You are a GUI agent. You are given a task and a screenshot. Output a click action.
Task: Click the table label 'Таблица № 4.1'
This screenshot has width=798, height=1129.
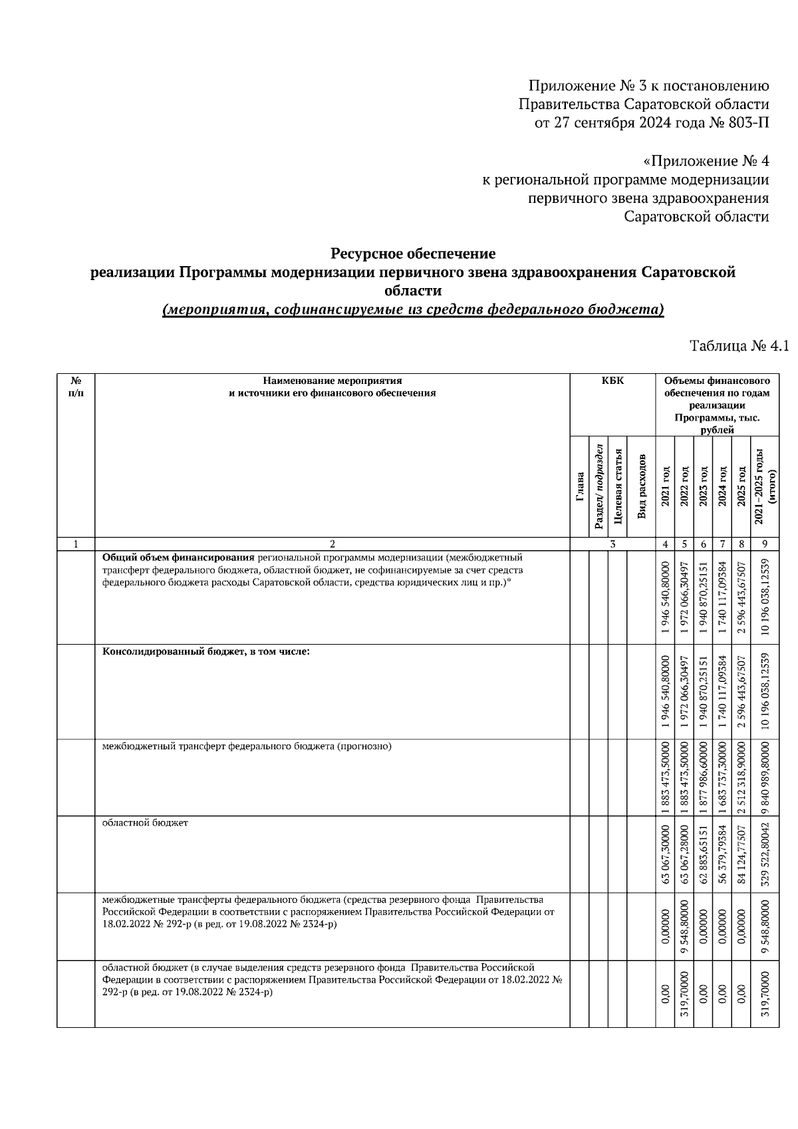click(738, 346)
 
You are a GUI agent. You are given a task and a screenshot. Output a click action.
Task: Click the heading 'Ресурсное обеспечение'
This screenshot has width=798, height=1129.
click(413, 253)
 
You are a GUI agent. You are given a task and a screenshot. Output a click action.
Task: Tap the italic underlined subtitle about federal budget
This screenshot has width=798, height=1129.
click(413, 309)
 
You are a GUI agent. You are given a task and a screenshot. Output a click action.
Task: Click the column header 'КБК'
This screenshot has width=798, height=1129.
click(612, 381)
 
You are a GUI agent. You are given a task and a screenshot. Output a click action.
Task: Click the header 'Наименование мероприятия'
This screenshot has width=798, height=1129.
click(332, 381)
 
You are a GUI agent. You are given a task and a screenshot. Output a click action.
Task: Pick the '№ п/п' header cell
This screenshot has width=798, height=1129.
click(76, 387)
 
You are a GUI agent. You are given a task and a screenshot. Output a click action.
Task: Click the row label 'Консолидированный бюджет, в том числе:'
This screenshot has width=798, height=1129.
click(205, 651)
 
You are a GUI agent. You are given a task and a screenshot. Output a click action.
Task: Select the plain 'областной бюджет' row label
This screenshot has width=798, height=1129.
click(145, 823)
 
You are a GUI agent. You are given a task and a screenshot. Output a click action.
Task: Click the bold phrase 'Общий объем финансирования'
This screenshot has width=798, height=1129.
click(178, 558)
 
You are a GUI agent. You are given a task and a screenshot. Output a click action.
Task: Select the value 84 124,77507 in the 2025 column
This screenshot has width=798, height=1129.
click(741, 854)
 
